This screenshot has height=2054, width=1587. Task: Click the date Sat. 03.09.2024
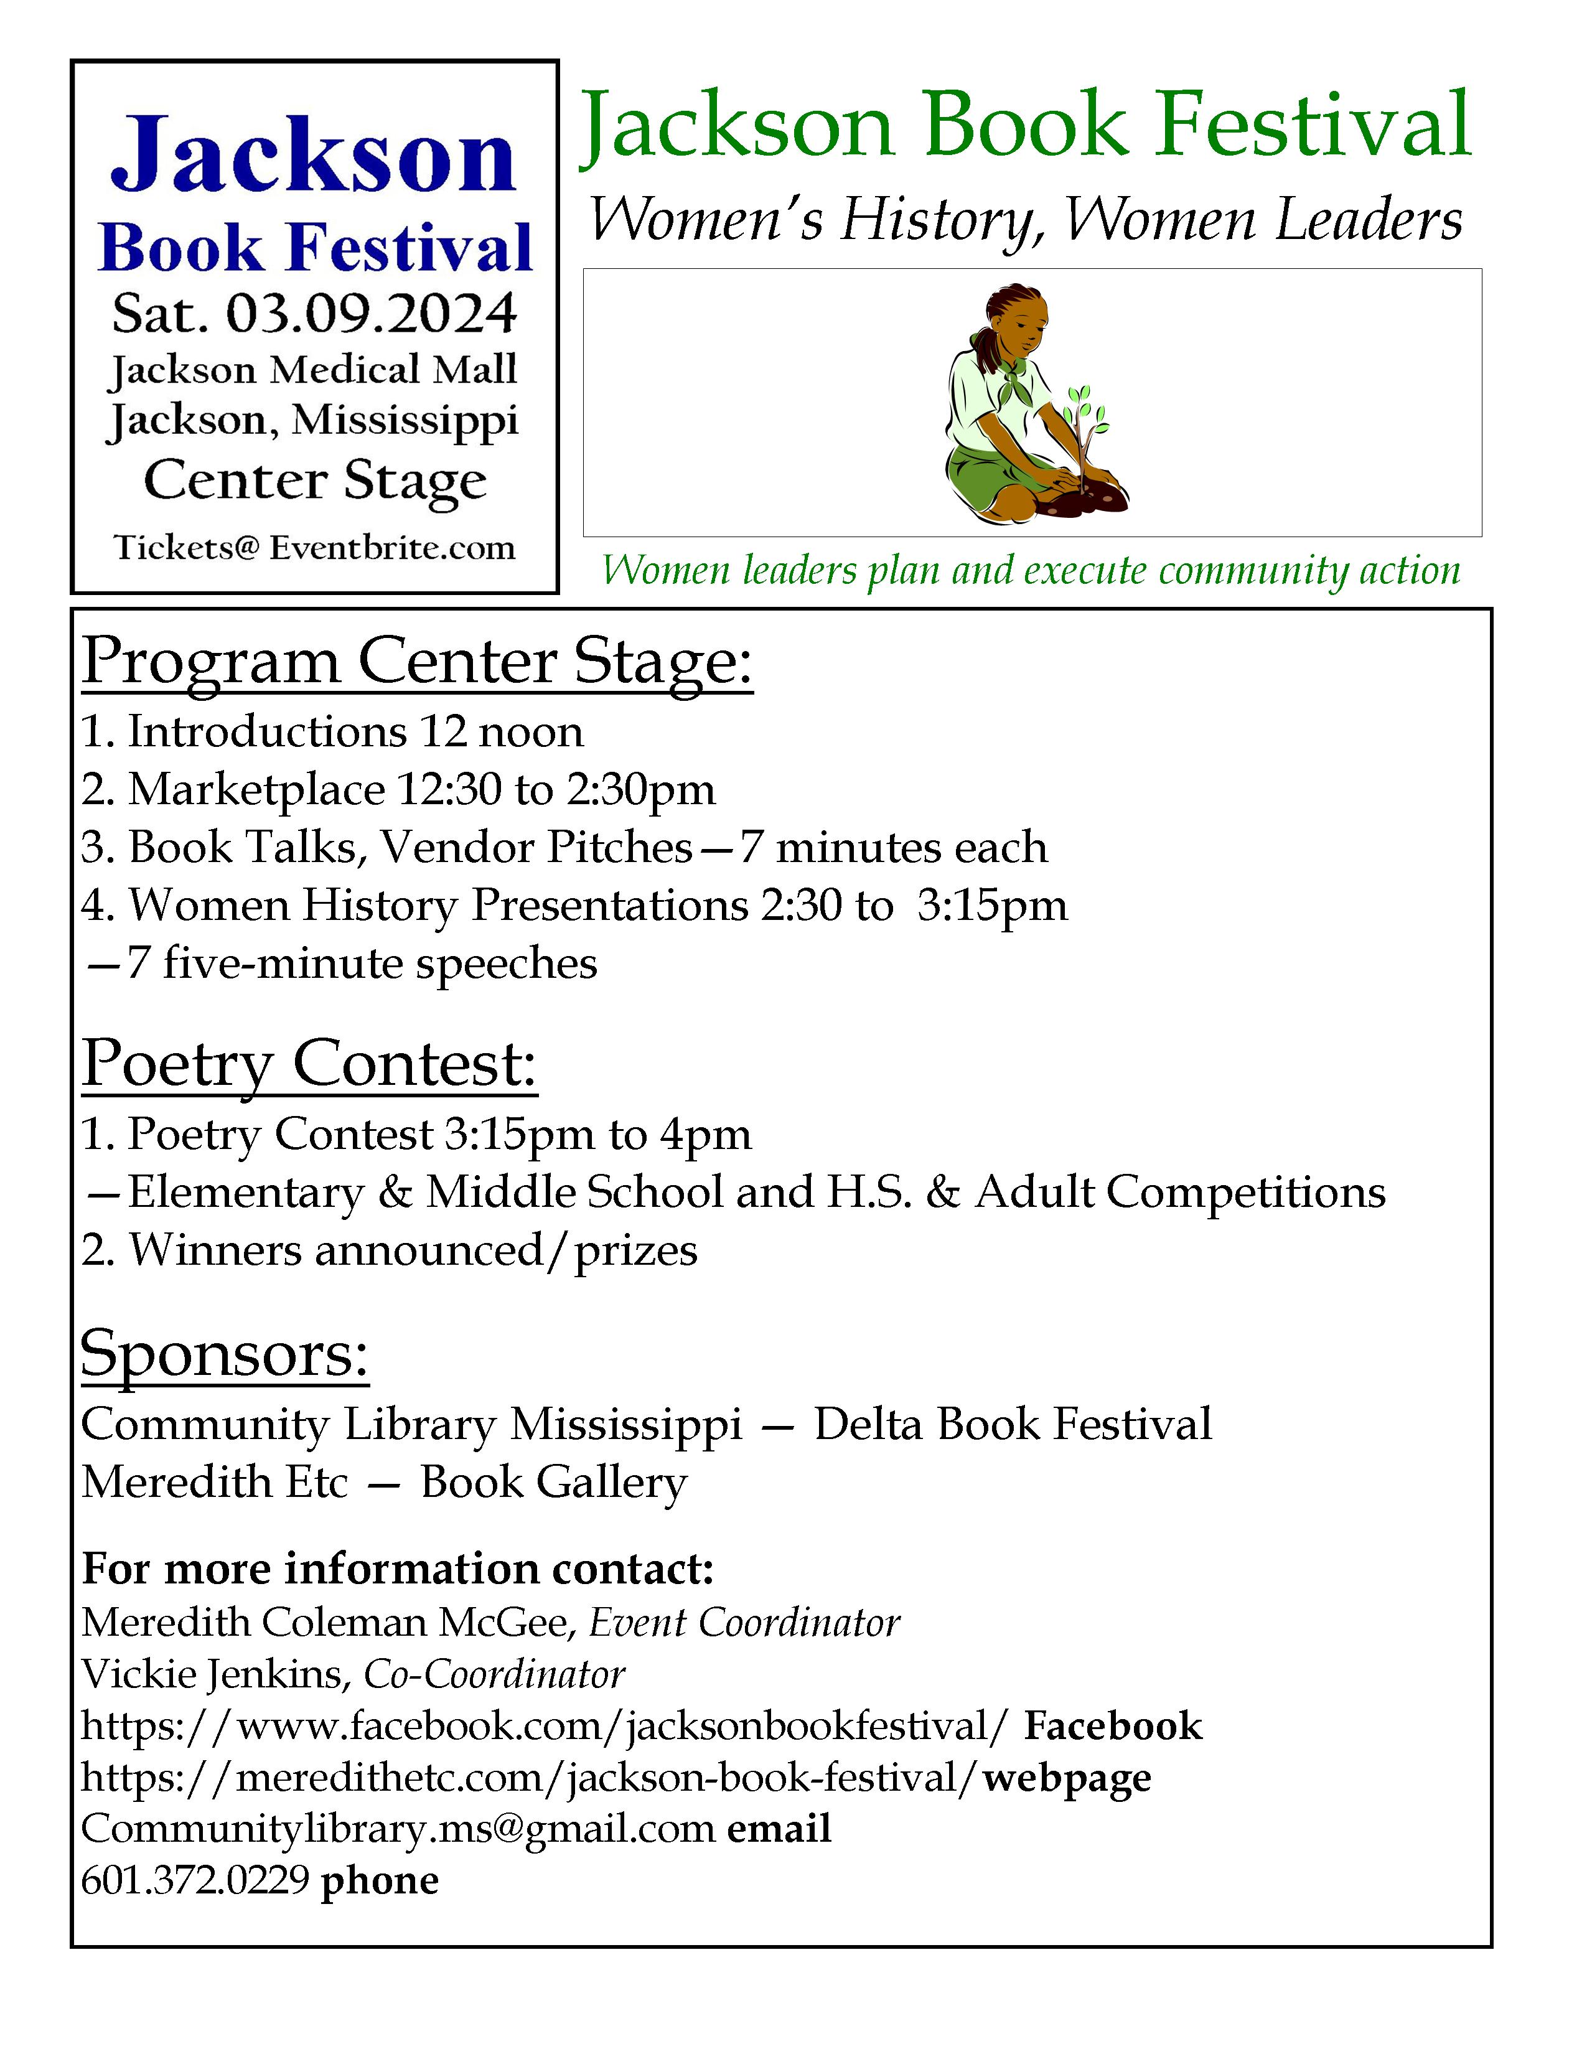314,314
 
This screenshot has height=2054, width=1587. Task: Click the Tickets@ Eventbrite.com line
314,547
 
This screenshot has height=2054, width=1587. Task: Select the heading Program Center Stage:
418,662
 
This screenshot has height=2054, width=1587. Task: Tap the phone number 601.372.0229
195,1880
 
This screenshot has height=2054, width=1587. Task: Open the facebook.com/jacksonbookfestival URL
545,1726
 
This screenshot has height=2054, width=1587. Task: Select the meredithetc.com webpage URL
531,1778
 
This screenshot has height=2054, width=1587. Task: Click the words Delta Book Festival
1013,1424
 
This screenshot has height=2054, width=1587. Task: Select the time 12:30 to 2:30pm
556,790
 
